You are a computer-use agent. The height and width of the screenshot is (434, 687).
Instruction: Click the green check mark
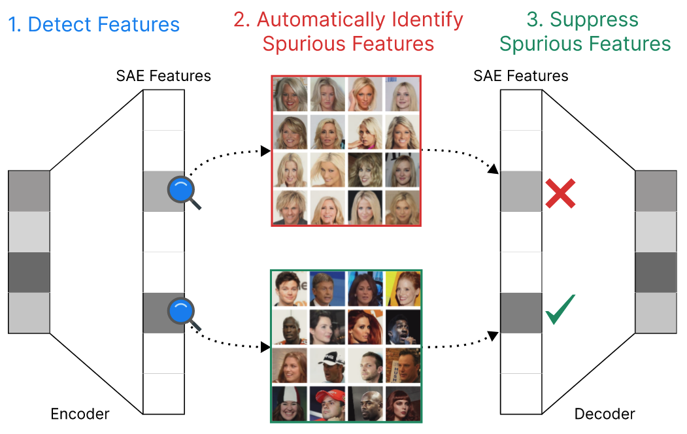click(x=560, y=310)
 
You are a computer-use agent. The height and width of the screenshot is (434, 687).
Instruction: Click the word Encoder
click(x=80, y=414)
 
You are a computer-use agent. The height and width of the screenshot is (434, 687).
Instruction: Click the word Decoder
click(x=605, y=414)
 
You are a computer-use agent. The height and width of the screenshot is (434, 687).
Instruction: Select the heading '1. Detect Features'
click(x=94, y=25)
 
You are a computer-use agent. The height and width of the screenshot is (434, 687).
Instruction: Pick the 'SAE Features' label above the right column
click(x=521, y=76)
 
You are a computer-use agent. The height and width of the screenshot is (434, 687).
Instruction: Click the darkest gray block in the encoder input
click(x=29, y=272)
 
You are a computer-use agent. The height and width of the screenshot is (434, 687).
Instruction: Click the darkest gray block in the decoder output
click(x=656, y=272)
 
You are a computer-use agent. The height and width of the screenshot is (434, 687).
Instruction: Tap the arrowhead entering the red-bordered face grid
click(x=266, y=151)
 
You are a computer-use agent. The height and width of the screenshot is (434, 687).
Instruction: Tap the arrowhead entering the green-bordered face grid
click(x=266, y=346)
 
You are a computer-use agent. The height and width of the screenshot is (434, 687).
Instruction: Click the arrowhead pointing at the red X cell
click(x=495, y=171)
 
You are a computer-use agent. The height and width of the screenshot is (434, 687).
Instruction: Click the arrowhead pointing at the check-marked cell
click(x=495, y=335)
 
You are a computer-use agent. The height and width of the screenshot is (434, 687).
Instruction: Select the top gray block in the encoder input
click(x=29, y=190)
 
